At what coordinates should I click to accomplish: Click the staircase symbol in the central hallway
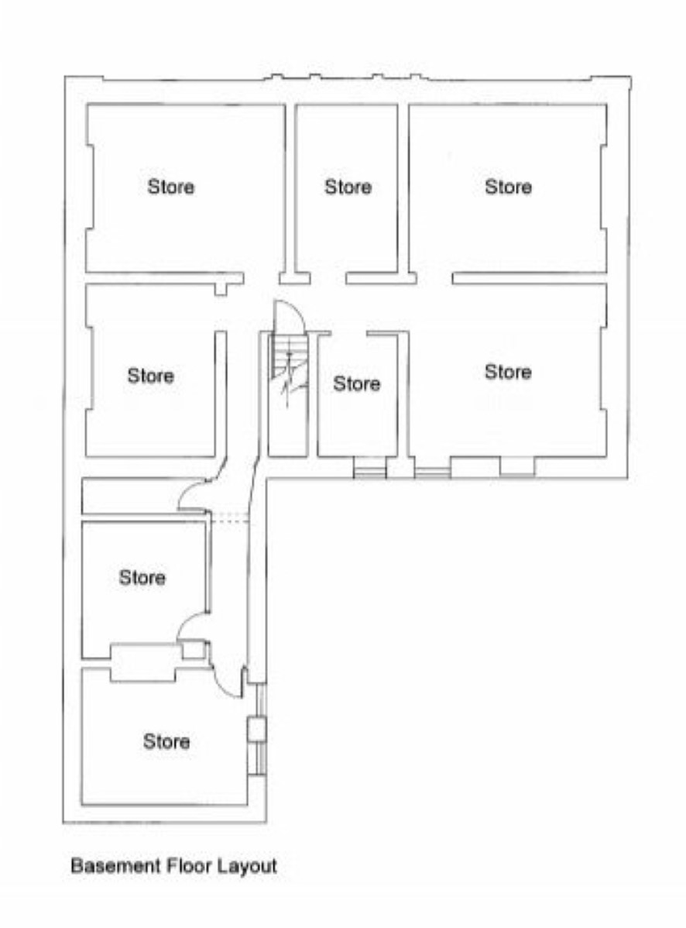click(289, 373)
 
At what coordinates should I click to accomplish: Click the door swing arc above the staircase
click(299, 311)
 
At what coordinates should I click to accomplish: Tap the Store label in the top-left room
click(171, 187)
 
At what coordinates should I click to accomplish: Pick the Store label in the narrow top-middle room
click(348, 187)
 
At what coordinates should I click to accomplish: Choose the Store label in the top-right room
click(508, 187)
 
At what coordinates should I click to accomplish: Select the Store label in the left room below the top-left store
click(151, 375)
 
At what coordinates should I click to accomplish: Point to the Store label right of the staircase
click(357, 383)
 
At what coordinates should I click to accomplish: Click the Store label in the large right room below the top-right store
click(508, 372)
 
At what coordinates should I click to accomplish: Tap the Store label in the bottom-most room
click(166, 741)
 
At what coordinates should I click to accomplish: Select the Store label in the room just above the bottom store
click(142, 577)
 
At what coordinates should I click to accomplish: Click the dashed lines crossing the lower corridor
click(229, 518)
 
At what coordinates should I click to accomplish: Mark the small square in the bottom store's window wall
click(256, 730)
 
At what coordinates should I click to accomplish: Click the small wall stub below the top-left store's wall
click(220, 290)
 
